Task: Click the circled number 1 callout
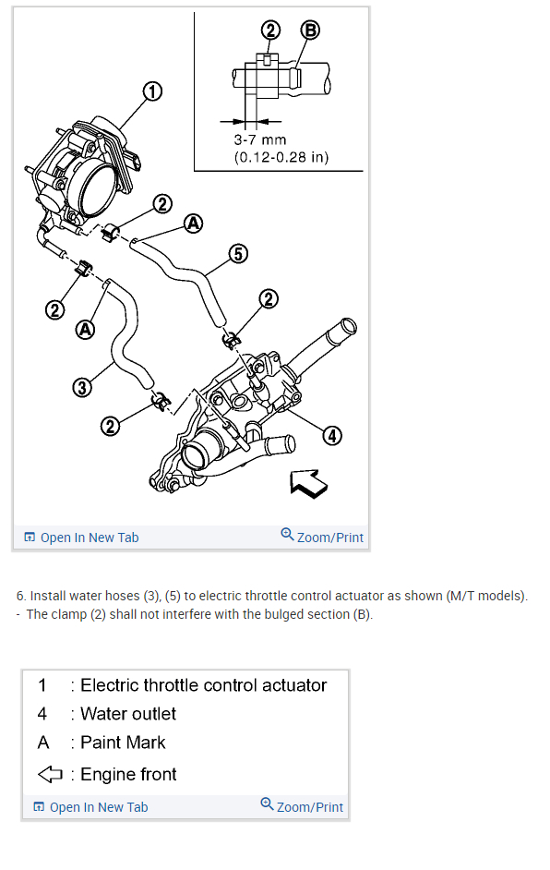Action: click(x=152, y=91)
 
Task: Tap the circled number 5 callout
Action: click(x=238, y=254)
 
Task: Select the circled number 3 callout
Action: click(x=82, y=387)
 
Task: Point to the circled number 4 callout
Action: click(x=332, y=436)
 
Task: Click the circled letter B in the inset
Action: click(x=310, y=30)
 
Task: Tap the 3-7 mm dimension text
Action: click(x=260, y=139)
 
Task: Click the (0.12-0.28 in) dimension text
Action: click(x=281, y=157)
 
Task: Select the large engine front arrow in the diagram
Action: click(x=309, y=483)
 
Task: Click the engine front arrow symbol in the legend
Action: click(x=50, y=774)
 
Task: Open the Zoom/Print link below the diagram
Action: click(x=322, y=537)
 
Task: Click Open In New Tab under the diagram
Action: click(x=81, y=538)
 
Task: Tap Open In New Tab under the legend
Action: click(x=91, y=807)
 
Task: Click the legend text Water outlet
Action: click(x=128, y=714)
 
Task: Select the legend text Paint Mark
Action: click(x=123, y=743)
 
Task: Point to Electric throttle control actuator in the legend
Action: click(x=203, y=685)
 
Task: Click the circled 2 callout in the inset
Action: click(x=270, y=30)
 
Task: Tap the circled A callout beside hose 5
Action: click(x=193, y=224)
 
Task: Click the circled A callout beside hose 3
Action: click(x=85, y=330)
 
